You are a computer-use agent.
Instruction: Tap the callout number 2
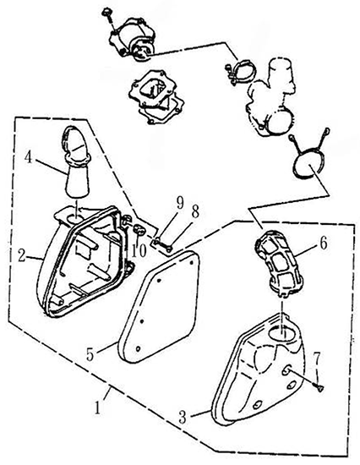pos(22,255)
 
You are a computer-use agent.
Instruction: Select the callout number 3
pos(183,416)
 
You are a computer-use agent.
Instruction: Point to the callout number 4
pos(28,157)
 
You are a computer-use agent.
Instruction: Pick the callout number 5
pos(90,354)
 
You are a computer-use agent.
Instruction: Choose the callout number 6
pos(323,243)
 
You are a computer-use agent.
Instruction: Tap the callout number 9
pos(180,204)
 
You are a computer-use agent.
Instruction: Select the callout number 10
pos(139,251)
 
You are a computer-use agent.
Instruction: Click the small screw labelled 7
pos(319,387)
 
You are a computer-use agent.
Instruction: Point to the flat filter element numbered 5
pos(159,305)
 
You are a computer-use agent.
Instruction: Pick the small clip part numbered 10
pos(139,230)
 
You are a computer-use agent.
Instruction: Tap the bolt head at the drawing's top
pos(106,13)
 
